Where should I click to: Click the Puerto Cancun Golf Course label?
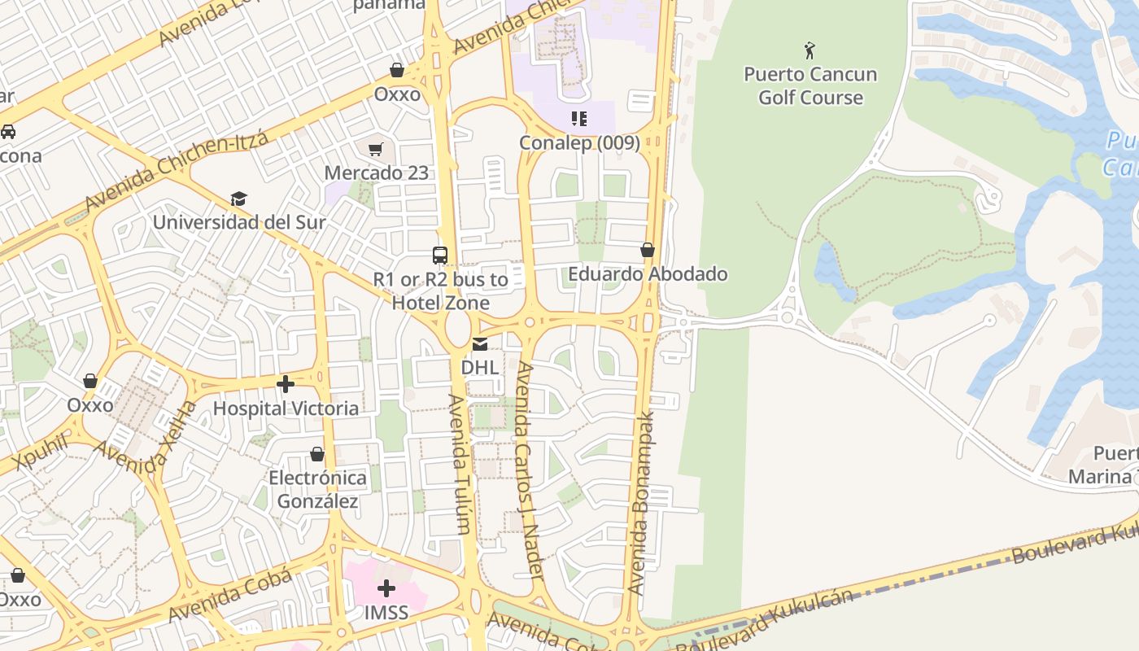pyautogui.click(x=810, y=85)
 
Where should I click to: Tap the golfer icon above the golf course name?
pyautogui.click(x=810, y=51)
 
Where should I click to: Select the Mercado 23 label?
pyautogui.click(x=376, y=173)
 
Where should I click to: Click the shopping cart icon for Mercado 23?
pyautogui.click(x=375, y=149)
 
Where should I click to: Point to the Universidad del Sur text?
pyautogui.click(x=239, y=222)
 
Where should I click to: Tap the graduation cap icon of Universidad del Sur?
pyautogui.click(x=238, y=199)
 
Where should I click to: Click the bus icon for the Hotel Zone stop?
pyautogui.click(x=440, y=255)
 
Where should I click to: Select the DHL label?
pyautogui.click(x=480, y=367)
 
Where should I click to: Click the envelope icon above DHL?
pyautogui.click(x=480, y=344)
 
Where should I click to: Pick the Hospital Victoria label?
pyautogui.click(x=286, y=408)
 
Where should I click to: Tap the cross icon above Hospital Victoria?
pyautogui.click(x=286, y=383)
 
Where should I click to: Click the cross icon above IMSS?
pyautogui.click(x=386, y=588)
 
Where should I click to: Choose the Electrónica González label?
pyautogui.click(x=317, y=489)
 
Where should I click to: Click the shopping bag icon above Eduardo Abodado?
pyautogui.click(x=648, y=250)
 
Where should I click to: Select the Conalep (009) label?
pyautogui.click(x=579, y=143)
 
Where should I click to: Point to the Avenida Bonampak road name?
pyautogui.click(x=641, y=502)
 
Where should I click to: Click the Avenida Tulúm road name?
pyautogui.click(x=460, y=464)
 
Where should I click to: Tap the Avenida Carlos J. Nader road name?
pyautogui.click(x=528, y=470)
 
